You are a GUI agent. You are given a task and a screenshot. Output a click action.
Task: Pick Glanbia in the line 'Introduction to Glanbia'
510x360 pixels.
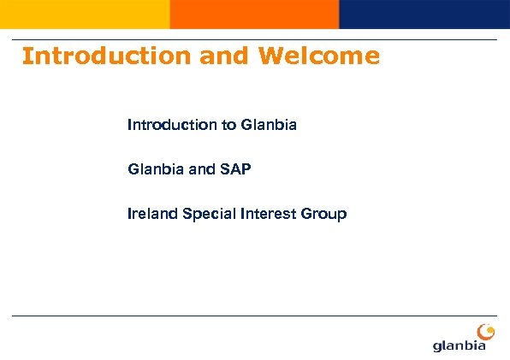tap(269, 125)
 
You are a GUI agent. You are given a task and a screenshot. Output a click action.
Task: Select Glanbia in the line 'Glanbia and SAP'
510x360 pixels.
tap(155, 169)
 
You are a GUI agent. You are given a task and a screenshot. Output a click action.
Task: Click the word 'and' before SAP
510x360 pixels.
tap(201, 169)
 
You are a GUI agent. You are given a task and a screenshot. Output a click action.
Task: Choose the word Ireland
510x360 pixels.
tap(152, 214)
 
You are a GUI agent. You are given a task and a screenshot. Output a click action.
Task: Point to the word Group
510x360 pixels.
tap(323, 214)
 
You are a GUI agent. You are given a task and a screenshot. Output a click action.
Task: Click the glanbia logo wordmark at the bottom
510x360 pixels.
tap(460, 345)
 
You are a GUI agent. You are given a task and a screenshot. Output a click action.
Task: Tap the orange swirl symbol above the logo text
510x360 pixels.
tap(484, 331)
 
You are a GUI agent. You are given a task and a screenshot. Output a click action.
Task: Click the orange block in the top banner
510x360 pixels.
tap(254, 14)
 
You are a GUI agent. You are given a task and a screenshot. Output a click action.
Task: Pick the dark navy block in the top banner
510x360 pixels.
tap(424, 14)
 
